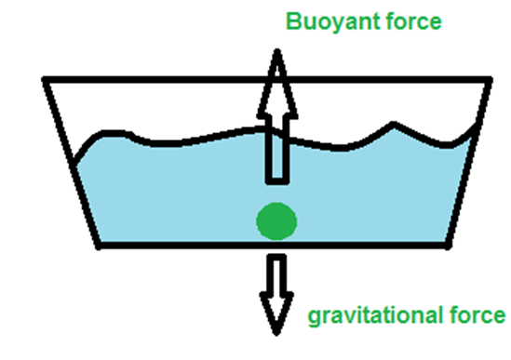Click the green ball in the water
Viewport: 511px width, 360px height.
coord(276,221)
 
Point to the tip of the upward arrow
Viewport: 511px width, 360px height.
coord(277,50)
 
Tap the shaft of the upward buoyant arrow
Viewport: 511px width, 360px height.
coord(277,148)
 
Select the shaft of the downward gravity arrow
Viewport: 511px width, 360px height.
coord(276,273)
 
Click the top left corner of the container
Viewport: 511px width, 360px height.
coord(45,79)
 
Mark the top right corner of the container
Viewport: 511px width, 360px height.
coord(491,79)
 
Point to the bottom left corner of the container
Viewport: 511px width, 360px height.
coord(99,247)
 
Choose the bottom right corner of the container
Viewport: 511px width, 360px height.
coord(449,247)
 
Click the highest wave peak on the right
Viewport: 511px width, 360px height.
coord(394,124)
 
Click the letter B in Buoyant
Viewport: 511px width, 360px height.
coord(293,21)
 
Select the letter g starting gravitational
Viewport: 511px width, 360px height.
coord(315,317)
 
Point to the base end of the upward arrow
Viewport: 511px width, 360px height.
coord(277,181)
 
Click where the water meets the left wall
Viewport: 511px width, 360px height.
coord(74,162)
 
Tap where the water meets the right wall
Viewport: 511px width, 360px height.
coord(476,127)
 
